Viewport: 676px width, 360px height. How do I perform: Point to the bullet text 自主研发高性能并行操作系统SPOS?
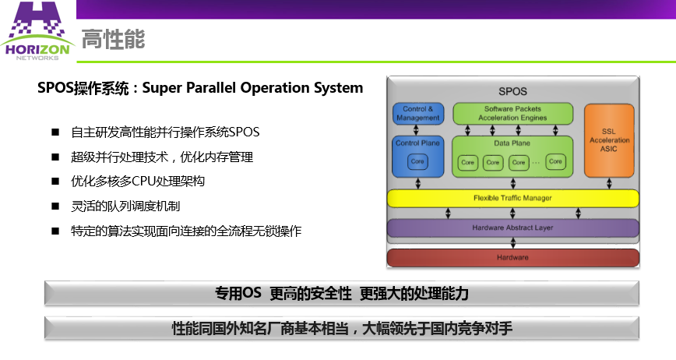coord(165,132)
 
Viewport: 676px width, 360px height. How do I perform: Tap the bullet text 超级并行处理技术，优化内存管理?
coord(162,157)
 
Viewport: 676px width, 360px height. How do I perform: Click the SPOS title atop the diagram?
coord(512,91)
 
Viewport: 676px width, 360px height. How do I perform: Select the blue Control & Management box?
coord(418,113)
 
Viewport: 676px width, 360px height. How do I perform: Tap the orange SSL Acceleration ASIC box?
coord(609,139)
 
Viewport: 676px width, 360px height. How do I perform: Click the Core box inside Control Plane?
coord(418,161)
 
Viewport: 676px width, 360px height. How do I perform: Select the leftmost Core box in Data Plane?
coord(467,162)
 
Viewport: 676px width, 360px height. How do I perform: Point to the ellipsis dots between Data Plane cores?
coord(537,162)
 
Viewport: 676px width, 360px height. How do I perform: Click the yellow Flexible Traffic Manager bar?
coord(512,198)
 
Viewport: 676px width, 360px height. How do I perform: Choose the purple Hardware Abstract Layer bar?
coord(512,228)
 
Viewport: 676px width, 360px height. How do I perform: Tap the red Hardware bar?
coord(512,257)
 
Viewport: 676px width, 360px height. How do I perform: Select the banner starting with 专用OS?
coord(341,293)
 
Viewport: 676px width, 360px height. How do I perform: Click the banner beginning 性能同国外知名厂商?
coord(341,328)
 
